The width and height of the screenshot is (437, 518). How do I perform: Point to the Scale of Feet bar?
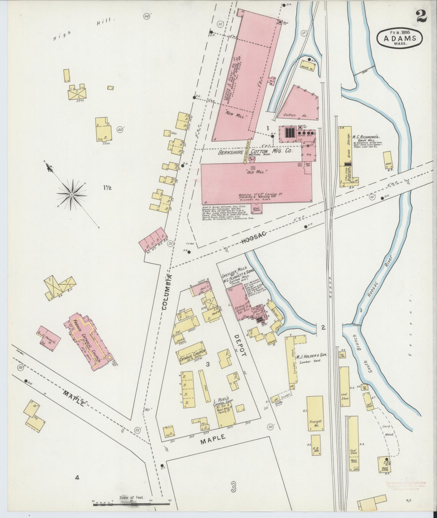click(x=131, y=504)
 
